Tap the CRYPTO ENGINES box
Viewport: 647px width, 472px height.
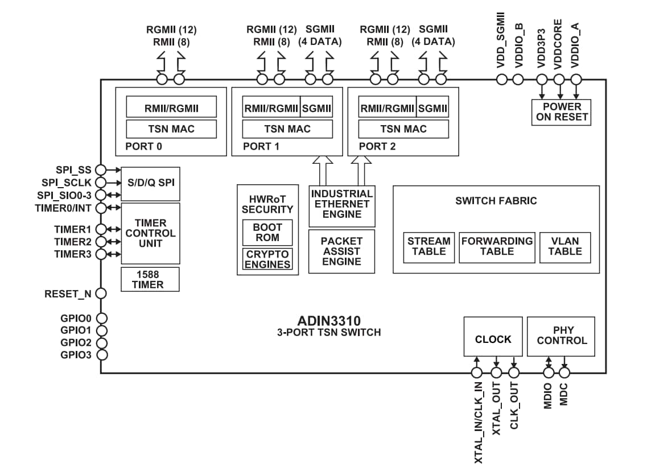267,259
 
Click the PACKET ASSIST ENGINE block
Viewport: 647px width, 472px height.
341,251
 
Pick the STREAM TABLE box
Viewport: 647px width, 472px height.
428,247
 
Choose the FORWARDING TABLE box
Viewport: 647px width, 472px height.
497,247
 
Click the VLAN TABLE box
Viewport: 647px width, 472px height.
565,247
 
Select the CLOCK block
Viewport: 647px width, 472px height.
493,339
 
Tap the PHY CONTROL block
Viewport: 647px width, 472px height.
562,336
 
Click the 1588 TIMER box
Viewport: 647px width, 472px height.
150,279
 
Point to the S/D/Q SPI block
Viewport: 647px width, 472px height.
150,183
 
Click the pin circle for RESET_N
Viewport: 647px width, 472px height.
101,293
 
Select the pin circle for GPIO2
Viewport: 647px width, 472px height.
101,343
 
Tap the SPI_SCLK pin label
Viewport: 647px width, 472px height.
66,182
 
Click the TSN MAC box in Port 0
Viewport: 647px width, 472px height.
171,129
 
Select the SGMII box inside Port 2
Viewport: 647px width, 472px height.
432,108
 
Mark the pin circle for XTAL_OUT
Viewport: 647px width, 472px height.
496,372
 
